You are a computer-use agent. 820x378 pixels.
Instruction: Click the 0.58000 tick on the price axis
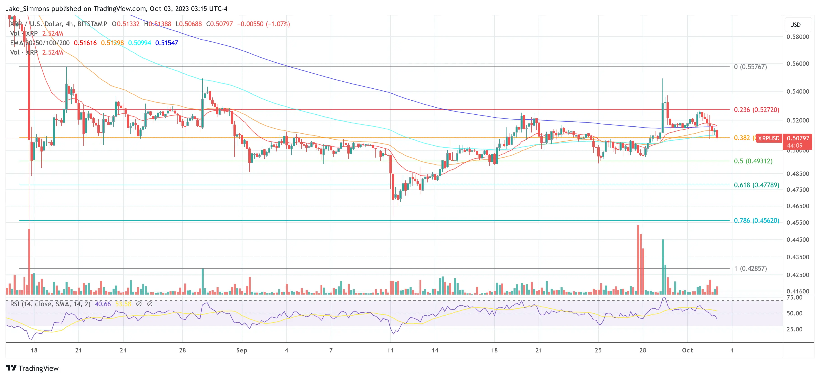click(797, 37)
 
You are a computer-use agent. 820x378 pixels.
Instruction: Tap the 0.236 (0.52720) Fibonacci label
click(756, 110)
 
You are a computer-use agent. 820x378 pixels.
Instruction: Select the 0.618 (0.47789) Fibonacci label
click(756, 185)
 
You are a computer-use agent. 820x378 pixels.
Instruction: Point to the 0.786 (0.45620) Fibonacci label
click(756, 220)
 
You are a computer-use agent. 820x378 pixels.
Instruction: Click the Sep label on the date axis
click(242, 350)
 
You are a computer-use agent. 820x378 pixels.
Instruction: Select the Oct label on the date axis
click(687, 350)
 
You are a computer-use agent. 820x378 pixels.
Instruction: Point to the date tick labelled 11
click(390, 350)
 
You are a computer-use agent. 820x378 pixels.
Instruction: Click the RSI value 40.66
click(103, 304)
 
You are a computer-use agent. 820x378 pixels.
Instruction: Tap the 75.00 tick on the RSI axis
click(794, 298)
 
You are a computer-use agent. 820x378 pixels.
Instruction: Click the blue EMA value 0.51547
click(167, 43)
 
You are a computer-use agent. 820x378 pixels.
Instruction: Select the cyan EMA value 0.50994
click(139, 43)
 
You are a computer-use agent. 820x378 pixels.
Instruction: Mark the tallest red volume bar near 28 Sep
click(638, 260)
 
